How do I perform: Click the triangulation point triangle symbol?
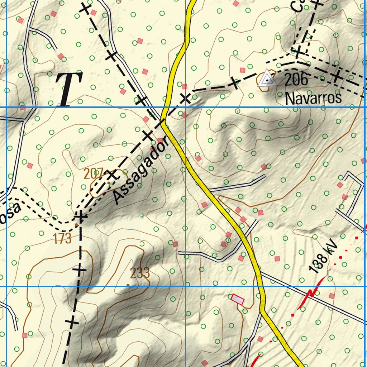(x=267, y=79)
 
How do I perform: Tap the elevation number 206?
(x=296, y=79)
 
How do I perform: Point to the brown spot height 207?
(x=93, y=174)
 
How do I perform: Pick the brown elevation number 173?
(x=63, y=238)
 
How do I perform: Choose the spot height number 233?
(x=140, y=273)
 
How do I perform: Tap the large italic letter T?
(x=69, y=89)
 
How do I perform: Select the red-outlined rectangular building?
(x=237, y=299)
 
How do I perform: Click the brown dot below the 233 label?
(x=128, y=285)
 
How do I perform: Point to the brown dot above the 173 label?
(x=76, y=225)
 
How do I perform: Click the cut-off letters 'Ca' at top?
(x=299, y=6)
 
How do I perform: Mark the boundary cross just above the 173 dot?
(x=81, y=216)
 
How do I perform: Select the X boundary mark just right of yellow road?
(x=185, y=98)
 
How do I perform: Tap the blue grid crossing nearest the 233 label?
(x=186, y=286)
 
